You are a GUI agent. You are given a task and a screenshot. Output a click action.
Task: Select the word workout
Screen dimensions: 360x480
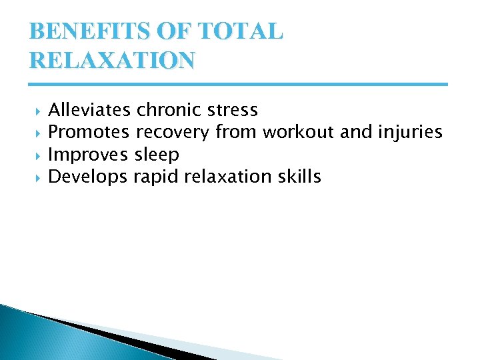(x=299, y=133)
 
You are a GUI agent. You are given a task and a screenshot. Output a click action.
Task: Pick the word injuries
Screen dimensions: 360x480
(x=410, y=133)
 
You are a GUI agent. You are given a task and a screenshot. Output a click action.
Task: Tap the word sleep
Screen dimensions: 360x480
(x=157, y=155)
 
